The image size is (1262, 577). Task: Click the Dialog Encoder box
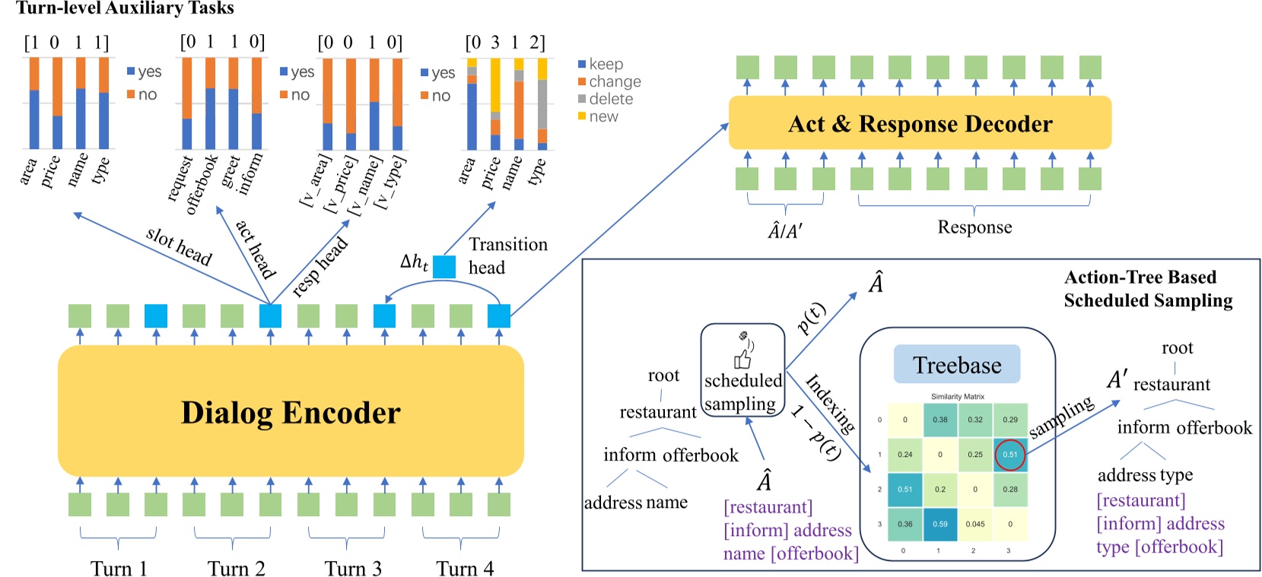click(291, 411)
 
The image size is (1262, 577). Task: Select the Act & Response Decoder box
click(920, 123)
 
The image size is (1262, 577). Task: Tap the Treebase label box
click(956, 365)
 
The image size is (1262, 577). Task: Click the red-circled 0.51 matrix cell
click(1010, 455)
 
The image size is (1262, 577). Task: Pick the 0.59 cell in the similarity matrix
click(940, 524)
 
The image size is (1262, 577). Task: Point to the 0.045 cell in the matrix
click(975, 524)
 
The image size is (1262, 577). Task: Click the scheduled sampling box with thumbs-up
click(742, 370)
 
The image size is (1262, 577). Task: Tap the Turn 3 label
click(353, 569)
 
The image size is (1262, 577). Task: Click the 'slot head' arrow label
click(179, 246)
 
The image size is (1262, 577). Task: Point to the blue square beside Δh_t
click(444, 266)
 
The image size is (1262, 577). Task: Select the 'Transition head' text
click(507, 255)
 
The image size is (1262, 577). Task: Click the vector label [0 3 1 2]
click(505, 43)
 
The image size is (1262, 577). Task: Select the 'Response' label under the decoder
click(974, 227)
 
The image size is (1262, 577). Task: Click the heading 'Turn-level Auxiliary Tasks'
click(125, 8)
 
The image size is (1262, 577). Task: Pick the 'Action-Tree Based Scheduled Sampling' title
click(1147, 289)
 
